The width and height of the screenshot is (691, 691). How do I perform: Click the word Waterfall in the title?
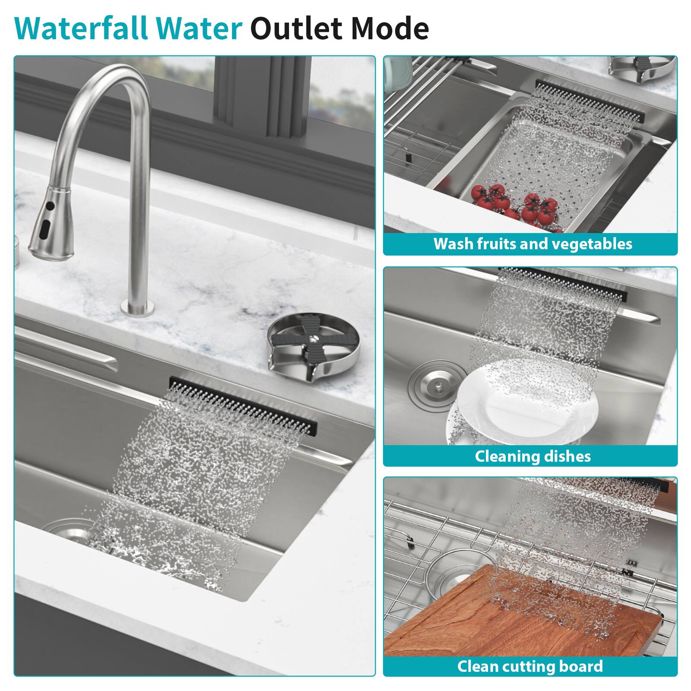pos(82,29)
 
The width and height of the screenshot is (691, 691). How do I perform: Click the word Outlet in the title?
pos(295,29)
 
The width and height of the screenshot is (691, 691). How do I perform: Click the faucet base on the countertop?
pos(137,307)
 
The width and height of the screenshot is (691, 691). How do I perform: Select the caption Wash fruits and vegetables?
pos(533,244)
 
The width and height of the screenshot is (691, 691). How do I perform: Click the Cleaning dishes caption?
pos(533,456)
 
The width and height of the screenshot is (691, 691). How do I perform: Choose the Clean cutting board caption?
pos(530,666)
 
